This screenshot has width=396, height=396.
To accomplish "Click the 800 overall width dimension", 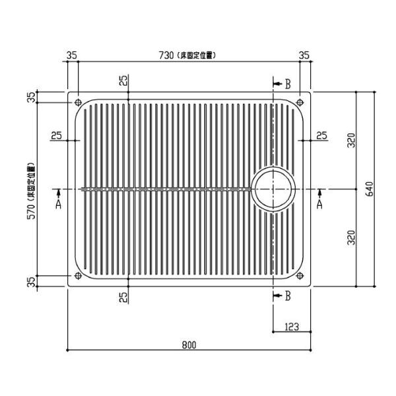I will click(x=189, y=343).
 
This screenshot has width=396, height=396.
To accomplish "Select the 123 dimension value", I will click(x=293, y=325).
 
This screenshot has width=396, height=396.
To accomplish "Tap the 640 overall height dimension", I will click(x=370, y=189).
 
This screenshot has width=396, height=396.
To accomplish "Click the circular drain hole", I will click(x=274, y=189).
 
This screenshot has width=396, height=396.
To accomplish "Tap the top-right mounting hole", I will click(x=300, y=102).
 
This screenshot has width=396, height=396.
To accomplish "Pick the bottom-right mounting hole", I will click(x=300, y=276).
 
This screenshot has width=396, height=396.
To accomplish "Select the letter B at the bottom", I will click(x=287, y=296).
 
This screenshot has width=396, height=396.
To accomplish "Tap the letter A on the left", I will click(x=58, y=205).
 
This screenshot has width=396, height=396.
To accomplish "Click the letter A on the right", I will click(x=320, y=205).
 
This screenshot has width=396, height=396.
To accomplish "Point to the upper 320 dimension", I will click(x=352, y=141).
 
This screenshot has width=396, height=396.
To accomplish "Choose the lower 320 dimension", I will click(x=352, y=236).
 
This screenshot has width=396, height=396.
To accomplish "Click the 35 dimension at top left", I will click(x=73, y=55).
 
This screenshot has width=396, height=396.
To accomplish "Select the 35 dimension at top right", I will click(x=304, y=55).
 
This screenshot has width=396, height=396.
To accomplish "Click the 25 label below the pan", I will click(x=123, y=297).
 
